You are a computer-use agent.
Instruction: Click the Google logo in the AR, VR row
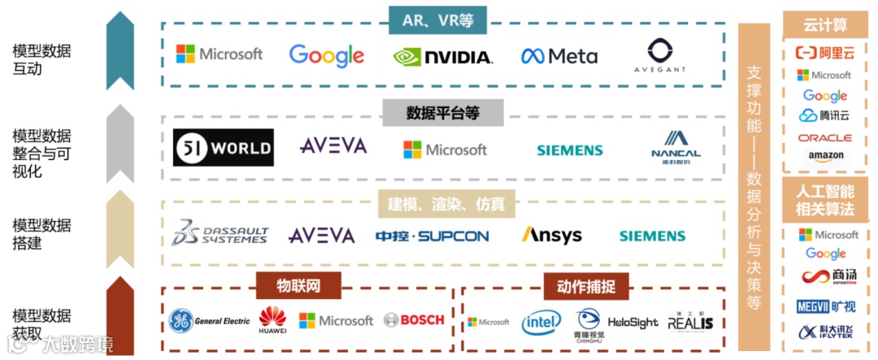(326, 55)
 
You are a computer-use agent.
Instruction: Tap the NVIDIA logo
(442, 56)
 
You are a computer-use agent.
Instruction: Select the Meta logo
(559, 56)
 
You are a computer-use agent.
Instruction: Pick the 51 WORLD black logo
(223, 148)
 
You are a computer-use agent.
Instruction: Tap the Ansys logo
(552, 236)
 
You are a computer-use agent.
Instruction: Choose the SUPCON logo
(432, 236)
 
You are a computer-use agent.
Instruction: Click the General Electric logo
(210, 321)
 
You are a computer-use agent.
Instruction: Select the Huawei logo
(272, 321)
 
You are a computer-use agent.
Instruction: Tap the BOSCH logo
(414, 320)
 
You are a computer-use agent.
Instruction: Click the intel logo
(541, 322)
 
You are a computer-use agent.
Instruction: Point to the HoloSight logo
(632, 323)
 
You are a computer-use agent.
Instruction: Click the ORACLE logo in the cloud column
(824, 138)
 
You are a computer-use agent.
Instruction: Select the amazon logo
(825, 156)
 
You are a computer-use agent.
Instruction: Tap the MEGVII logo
(825, 306)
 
